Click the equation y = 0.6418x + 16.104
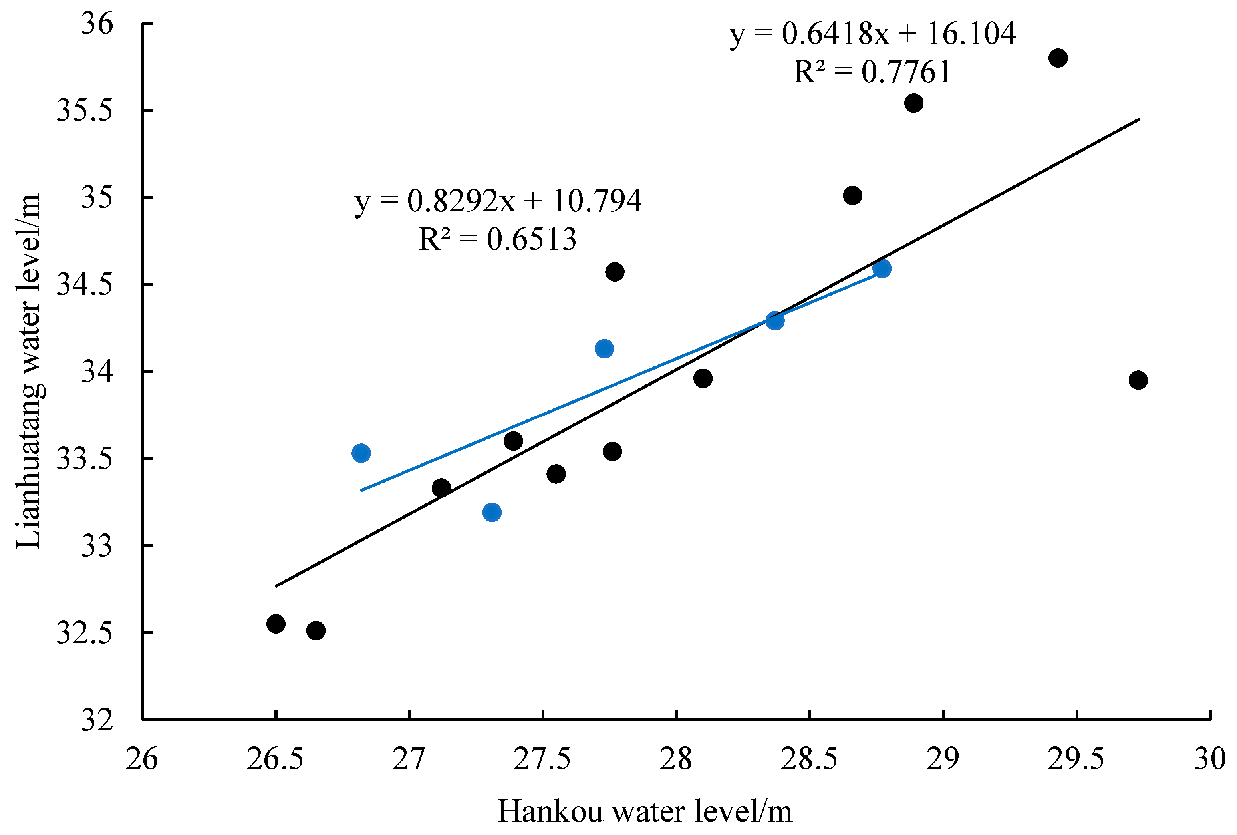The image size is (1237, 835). pyautogui.click(x=872, y=34)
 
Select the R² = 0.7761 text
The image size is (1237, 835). pyautogui.click(x=872, y=72)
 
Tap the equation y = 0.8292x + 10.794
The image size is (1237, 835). pyautogui.click(x=498, y=201)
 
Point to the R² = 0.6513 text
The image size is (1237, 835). pyautogui.click(x=498, y=239)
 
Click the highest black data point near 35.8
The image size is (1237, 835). pyautogui.click(x=1058, y=58)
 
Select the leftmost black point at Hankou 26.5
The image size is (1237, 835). pyautogui.click(x=276, y=624)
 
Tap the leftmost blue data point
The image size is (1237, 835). pyautogui.click(x=361, y=453)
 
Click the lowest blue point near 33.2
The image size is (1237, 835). pyautogui.click(x=492, y=512)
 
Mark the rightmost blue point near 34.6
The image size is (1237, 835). pyautogui.click(x=882, y=268)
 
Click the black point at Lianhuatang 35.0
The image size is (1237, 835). pyautogui.click(x=852, y=195)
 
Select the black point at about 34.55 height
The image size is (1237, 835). pyautogui.click(x=615, y=272)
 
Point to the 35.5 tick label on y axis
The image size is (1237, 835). pyautogui.click(x=85, y=111)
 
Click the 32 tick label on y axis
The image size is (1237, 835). pyautogui.click(x=97, y=720)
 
